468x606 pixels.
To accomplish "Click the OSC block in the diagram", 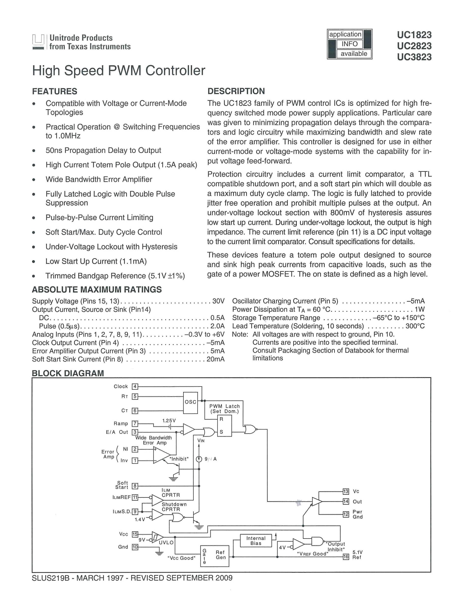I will (x=190, y=403).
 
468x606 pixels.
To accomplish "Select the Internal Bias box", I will (x=256, y=541).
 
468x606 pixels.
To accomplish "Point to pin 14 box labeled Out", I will (x=346, y=501).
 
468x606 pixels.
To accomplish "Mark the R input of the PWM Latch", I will (x=221, y=419).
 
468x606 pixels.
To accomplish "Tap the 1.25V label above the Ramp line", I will (x=169, y=421).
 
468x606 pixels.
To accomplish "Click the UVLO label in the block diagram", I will (x=166, y=543).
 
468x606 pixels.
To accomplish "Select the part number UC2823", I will (x=414, y=46).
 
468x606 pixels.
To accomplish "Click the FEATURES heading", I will (x=55, y=91).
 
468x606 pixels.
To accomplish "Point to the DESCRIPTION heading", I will (x=236, y=91).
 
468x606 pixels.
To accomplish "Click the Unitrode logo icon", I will (x=38, y=42).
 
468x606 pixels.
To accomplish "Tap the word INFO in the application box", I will (x=350, y=44).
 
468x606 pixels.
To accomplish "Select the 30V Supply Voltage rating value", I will (x=218, y=301).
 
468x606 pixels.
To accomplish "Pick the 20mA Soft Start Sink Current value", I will (x=215, y=359).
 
